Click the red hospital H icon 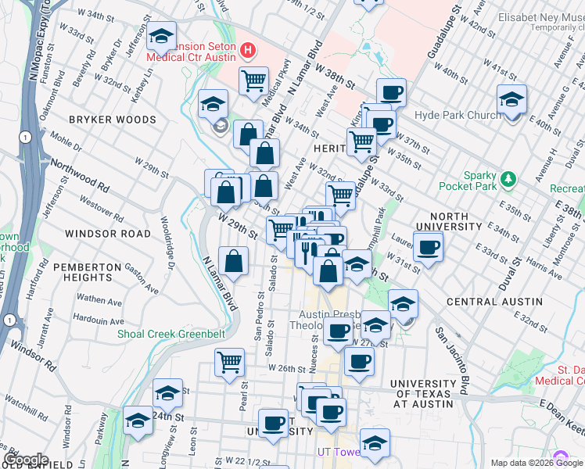click(249, 52)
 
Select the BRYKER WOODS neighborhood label click(113, 120)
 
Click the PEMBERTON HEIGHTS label click(93, 272)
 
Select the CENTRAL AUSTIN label click(494, 301)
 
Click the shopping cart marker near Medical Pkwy click(253, 80)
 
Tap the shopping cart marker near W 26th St click(230, 360)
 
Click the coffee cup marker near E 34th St click(427, 248)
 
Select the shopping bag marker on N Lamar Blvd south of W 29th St click(234, 260)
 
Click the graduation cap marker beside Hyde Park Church click(511, 99)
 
